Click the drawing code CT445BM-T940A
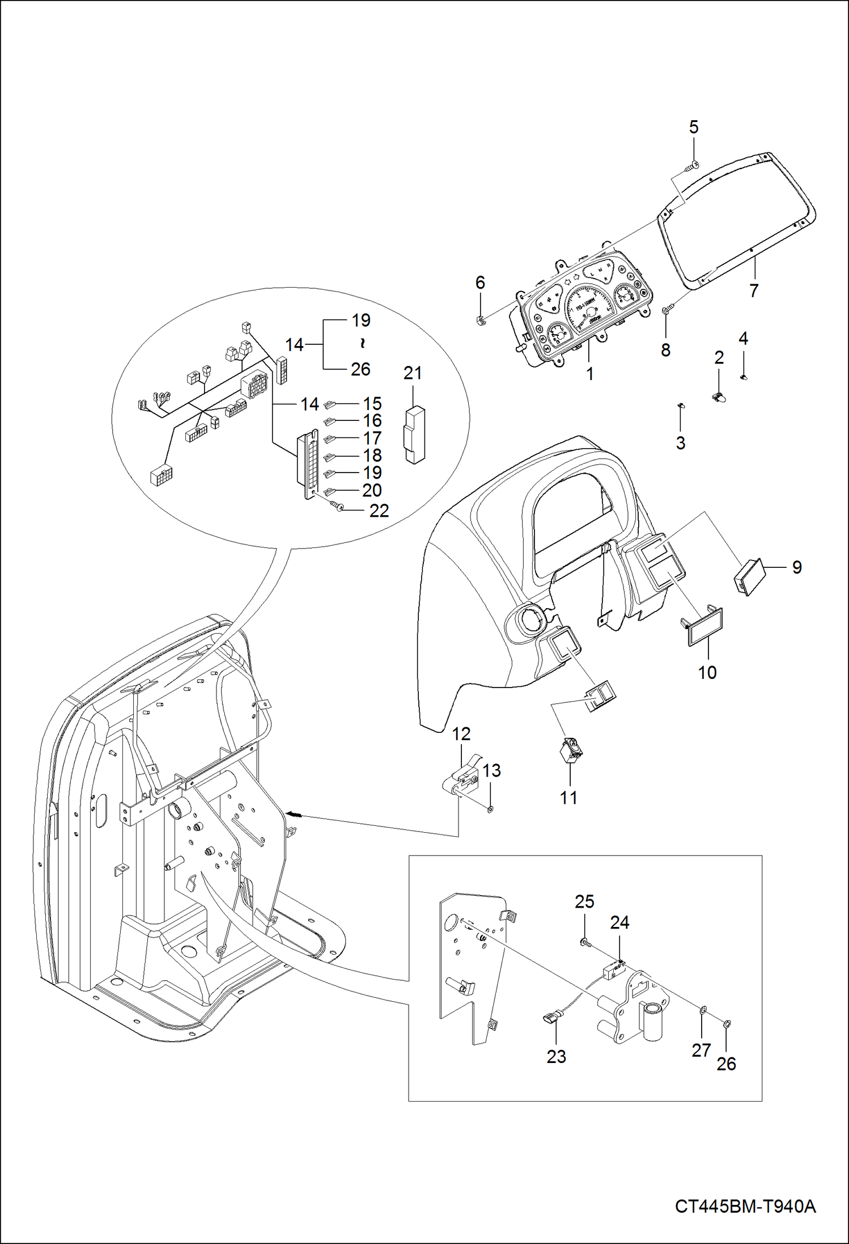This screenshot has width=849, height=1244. [745, 1205]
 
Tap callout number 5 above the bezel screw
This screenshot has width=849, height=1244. [694, 128]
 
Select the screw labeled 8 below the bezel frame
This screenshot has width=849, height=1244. [668, 310]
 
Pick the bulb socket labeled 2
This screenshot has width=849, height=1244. [720, 397]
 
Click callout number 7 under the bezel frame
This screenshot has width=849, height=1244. [753, 291]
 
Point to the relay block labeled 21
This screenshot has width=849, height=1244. [414, 435]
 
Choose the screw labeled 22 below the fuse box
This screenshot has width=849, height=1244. [338, 505]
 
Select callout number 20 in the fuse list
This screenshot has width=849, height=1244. [372, 490]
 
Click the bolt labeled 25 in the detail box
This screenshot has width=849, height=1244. [585, 943]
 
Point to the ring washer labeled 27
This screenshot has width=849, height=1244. [702, 1009]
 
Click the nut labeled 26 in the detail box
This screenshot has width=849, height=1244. [727, 1024]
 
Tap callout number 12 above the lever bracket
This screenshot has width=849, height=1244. [461, 734]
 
